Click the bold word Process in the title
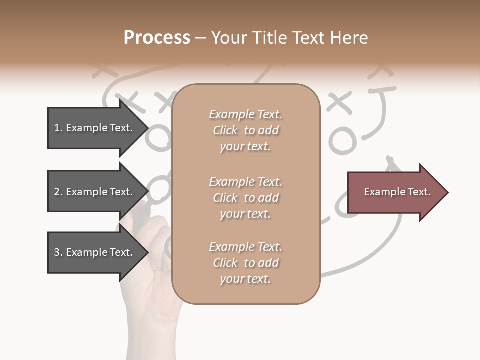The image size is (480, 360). pyautogui.click(x=157, y=38)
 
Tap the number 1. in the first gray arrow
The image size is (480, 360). pyautogui.click(x=58, y=128)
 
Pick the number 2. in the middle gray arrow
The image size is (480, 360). pyautogui.click(x=58, y=192)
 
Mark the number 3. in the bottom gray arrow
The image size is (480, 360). pyautogui.click(x=58, y=252)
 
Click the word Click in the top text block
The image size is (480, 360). pyautogui.click(x=225, y=130)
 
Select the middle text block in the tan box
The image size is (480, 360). pyautogui.click(x=245, y=198)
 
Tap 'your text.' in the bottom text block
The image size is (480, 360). pyautogui.click(x=245, y=279)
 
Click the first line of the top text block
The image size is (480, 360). pyautogui.click(x=245, y=114)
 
